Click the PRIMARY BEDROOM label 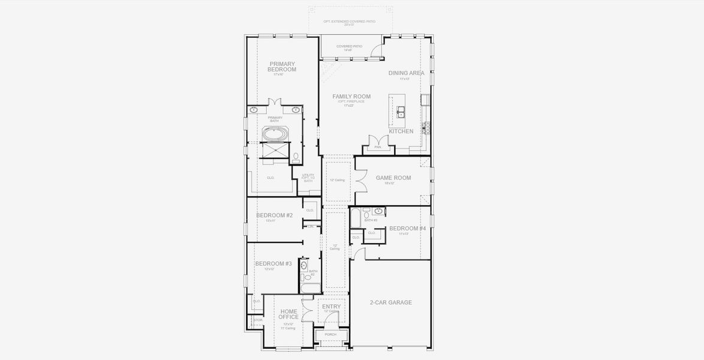[282, 67]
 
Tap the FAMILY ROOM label [351, 96]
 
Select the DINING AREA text [406, 73]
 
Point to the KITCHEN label [401, 131]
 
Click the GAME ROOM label [393, 178]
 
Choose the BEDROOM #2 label [274, 215]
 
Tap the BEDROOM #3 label [273, 263]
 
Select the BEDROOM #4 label [407, 228]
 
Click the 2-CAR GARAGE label [390, 302]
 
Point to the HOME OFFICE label [288, 314]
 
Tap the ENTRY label [331, 307]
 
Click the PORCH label [330, 334]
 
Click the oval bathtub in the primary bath [276, 133]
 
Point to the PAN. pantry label [378, 146]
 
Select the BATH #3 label [370, 220]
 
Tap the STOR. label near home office [258, 320]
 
